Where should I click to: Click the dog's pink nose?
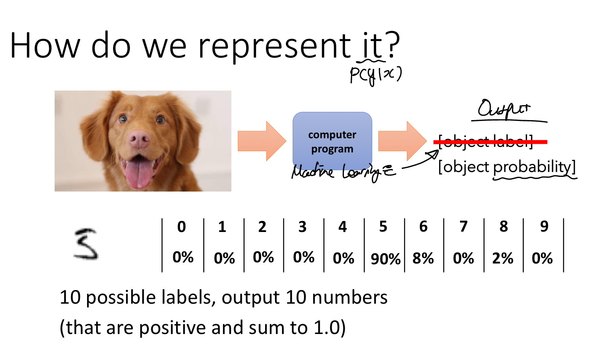(139, 139)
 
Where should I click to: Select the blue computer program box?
(332, 141)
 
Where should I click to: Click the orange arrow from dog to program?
(262, 141)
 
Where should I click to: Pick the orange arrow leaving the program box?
(402, 141)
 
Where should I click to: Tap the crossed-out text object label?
(486, 141)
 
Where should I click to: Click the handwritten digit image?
(86, 244)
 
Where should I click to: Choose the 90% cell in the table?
(385, 259)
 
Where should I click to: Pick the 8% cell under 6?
(423, 258)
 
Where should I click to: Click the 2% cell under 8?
(503, 258)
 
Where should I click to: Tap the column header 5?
(383, 226)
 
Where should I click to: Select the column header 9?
(544, 226)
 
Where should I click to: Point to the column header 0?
(182, 226)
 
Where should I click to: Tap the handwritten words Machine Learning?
(343, 172)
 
